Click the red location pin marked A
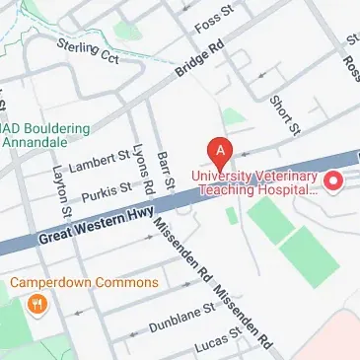[x=221, y=152]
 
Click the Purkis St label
[x=107, y=188]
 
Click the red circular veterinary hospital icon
[x=333, y=180]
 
